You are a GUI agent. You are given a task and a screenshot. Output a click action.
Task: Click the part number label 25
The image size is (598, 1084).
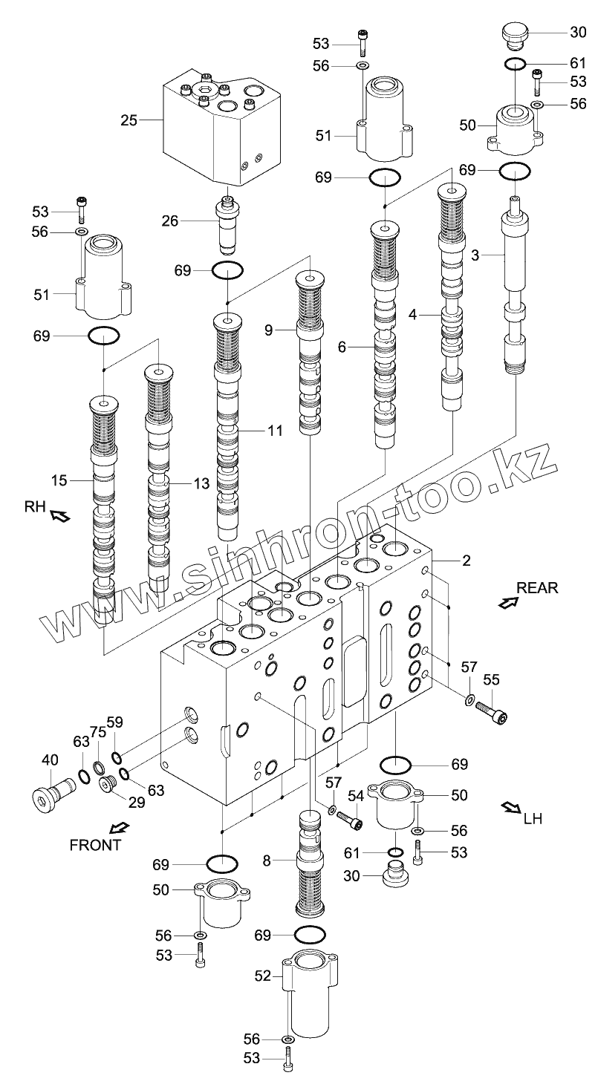pos(129,119)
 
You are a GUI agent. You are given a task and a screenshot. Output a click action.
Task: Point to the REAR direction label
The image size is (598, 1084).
pos(537,588)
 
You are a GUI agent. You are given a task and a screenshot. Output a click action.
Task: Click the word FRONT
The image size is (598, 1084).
pos(95,844)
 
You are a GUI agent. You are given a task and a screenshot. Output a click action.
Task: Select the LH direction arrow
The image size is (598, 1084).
pos(510,807)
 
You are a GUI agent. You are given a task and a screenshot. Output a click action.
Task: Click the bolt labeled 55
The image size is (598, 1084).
pos(492,712)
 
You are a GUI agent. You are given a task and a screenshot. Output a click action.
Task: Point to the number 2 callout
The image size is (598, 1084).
pos(466,561)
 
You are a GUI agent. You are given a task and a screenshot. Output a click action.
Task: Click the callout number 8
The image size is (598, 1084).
pos(267,861)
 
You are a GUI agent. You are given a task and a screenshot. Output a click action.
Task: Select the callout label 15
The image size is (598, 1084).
pos(59,480)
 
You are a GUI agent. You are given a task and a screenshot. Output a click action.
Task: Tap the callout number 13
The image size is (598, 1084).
pos(201,483)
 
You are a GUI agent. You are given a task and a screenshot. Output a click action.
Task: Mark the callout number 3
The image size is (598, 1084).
pos(475,255)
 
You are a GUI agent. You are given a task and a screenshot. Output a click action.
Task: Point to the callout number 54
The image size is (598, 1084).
pos(356,796)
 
